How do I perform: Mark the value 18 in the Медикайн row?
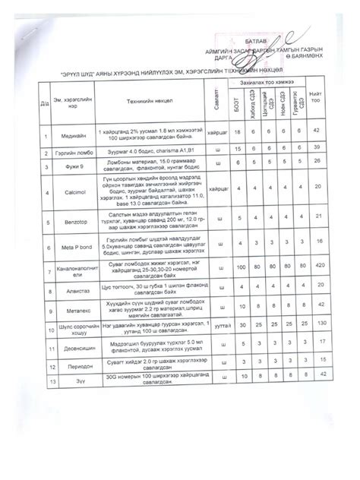tap(238, 132)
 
